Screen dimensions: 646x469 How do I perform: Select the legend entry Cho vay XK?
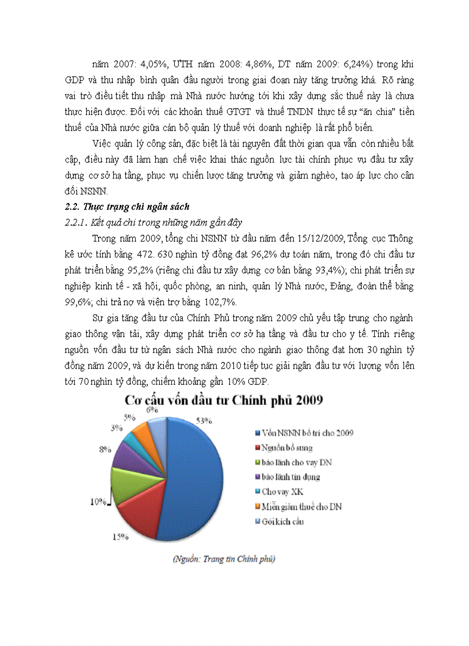click(x=282, y=492)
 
